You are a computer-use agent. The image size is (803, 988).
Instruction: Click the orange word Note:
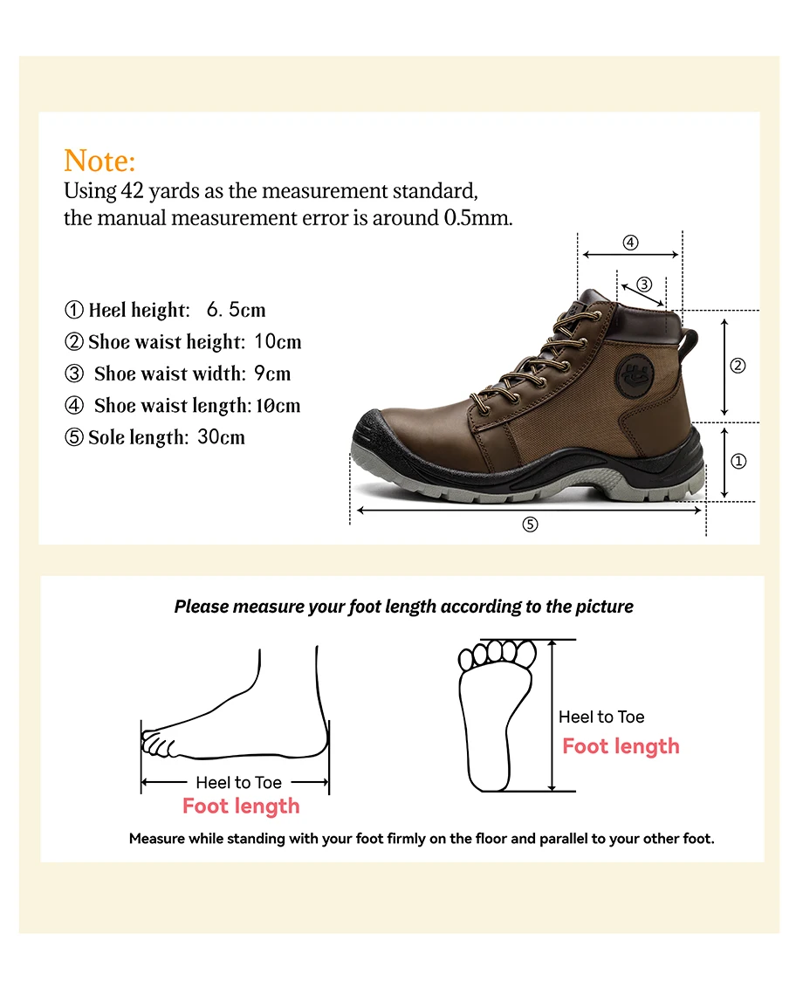[100, 161]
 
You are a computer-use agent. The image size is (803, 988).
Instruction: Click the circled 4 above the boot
[630, 243]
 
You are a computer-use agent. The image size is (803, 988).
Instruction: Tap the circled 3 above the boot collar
[644, 284]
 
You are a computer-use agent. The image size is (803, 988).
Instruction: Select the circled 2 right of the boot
[738, 367]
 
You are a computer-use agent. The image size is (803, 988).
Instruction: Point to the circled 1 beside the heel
[738, 461]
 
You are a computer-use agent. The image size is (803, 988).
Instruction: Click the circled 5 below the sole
[530, 525]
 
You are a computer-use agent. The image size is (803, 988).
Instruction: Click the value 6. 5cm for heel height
[236, 310]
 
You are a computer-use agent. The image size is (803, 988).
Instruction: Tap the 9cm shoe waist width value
[272, 374]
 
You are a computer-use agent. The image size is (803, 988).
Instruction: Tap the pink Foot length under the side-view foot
[241, 806]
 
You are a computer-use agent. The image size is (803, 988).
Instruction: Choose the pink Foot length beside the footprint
[621, 746]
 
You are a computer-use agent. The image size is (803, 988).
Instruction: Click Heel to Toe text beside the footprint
[601, 717]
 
